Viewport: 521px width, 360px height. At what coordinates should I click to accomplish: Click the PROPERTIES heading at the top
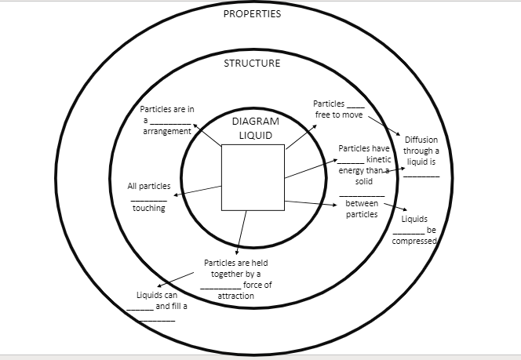coord(252,13)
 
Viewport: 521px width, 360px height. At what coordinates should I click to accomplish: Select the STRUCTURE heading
coord(252,64)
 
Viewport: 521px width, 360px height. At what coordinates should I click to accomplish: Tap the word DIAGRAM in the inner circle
coord(256,122)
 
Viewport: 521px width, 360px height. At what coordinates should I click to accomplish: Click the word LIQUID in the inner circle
coord(256,135)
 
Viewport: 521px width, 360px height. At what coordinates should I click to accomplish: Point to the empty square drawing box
coord(252,177)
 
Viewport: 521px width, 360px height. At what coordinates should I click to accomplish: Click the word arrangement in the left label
coord(167,132)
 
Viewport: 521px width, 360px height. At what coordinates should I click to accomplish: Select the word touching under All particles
coord(149,208)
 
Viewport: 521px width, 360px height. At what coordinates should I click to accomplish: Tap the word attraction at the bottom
coord(235,296)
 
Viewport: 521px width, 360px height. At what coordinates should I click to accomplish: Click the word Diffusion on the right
coord(421,140)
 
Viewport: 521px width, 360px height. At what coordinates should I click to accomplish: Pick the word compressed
coord(414,241)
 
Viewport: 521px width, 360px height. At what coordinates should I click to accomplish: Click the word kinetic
coord(379,159)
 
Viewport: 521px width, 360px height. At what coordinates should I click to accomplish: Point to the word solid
coord(363,181)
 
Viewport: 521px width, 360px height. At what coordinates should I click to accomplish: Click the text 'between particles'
coord(362,209)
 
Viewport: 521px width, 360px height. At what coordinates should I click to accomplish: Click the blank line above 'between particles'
coord(362,195)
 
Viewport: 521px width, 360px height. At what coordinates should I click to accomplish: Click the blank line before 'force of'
coord(220,287)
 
